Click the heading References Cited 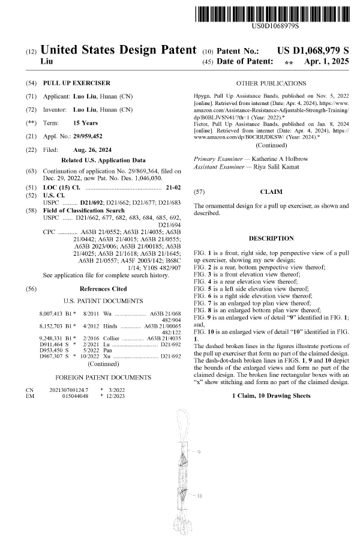coord(103,289)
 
